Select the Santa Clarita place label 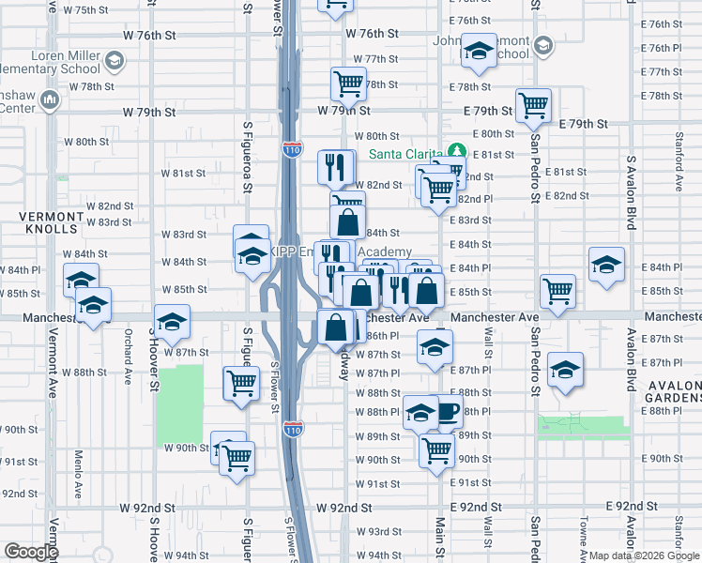[407, 154]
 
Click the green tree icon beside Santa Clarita [457, 151]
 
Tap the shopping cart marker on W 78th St [347, 84]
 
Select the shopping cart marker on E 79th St [533, 104]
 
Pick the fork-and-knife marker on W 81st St [335, 167]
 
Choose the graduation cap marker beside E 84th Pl [607, 265]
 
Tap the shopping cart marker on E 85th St [558, 291]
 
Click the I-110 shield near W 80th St [291, 148]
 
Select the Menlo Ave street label [79, 468]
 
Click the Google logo [31, 553]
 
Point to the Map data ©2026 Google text [643, 555]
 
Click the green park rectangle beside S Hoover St [179, 403]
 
